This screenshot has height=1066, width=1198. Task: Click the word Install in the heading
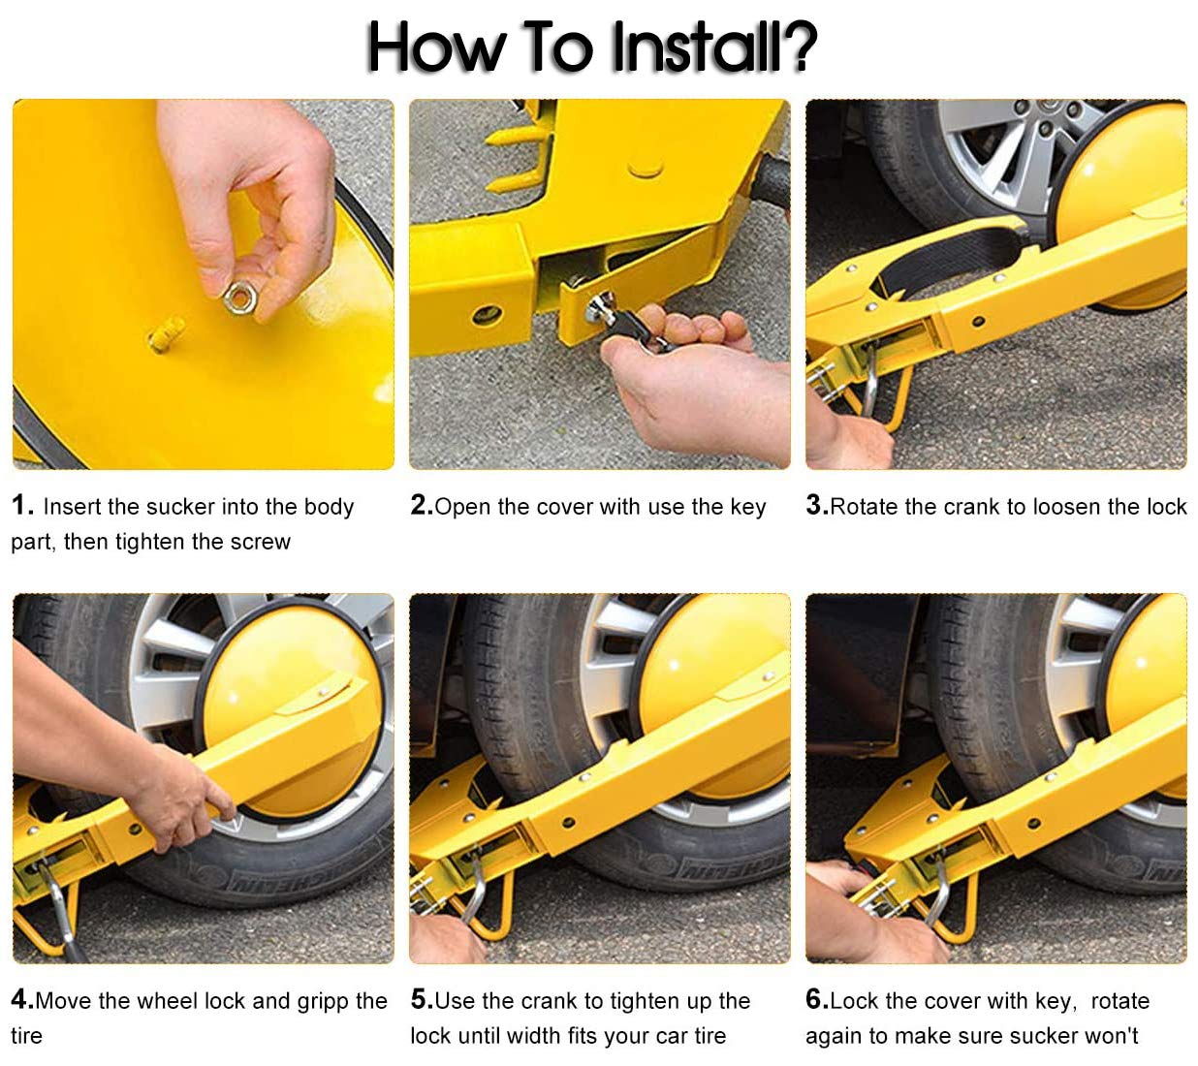pos(694,47)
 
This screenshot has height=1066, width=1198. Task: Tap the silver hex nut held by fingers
pos(238,298)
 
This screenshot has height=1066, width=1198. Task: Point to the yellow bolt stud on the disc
pos(166,333)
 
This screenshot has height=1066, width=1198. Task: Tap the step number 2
pos(422,505)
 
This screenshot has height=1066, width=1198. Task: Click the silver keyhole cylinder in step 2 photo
pos(600,307)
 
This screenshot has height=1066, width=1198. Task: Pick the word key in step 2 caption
pos(748,507)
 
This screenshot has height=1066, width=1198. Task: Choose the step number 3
pos(817,505)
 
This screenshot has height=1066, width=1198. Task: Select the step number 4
pos(22,999)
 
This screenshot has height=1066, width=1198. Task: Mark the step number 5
pos(422,999)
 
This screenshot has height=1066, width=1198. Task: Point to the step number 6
pos(817,999)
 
